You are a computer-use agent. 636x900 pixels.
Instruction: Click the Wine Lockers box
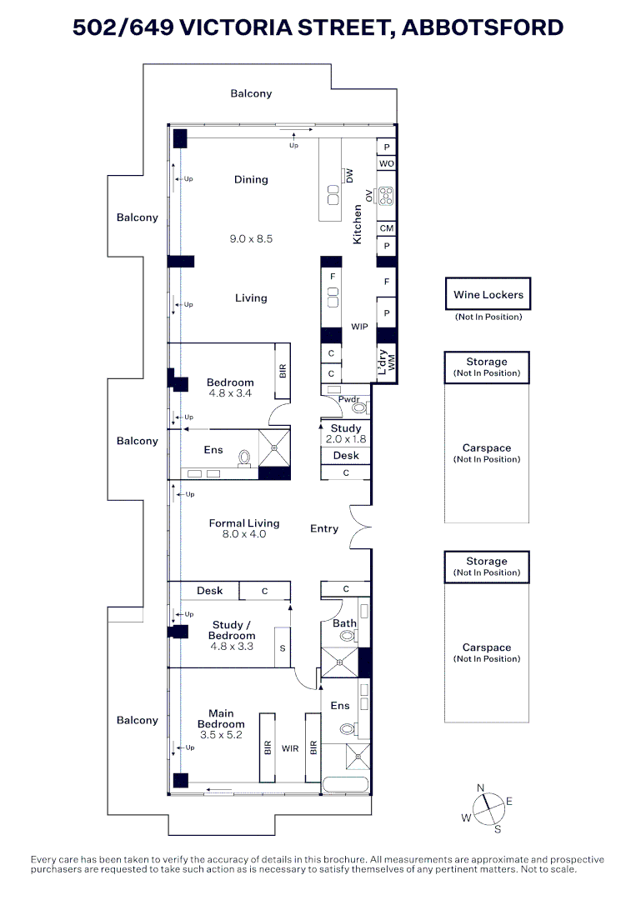coord(488,294)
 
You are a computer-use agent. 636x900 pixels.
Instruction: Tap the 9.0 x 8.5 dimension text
coord(251,239)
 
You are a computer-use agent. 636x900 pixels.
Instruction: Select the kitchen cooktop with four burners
coord(386,197)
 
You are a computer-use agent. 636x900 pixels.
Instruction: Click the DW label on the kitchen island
coord(349,175)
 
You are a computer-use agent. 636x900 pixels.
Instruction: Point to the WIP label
coord(359,327)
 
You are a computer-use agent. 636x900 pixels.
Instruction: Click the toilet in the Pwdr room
coord(359,408)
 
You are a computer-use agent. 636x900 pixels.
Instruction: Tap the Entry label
coord(324,528)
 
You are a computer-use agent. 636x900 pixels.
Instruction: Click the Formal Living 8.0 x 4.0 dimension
coord(244,534)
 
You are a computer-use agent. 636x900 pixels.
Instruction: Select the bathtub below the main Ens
coord(346,785)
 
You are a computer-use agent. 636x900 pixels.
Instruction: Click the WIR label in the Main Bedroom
coord(290,748)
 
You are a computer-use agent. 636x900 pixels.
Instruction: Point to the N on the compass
coord(480,788)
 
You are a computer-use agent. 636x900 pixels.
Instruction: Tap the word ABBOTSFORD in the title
coord(482,27)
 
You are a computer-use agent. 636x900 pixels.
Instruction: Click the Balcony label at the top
coord(251,93)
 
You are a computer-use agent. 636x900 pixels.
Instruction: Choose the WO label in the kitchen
coord(386,163)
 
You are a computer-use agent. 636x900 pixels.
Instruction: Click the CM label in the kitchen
coord(386,227)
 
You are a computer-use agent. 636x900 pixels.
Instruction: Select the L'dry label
coord(383,362)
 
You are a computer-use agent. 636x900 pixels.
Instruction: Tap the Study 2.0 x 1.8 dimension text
coord(346,439)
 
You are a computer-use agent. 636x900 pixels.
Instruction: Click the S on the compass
coord(498,829)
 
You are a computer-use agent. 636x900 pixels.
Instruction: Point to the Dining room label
coord(251,180)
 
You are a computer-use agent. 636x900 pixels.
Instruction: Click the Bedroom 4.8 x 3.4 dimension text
coord(229,393)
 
